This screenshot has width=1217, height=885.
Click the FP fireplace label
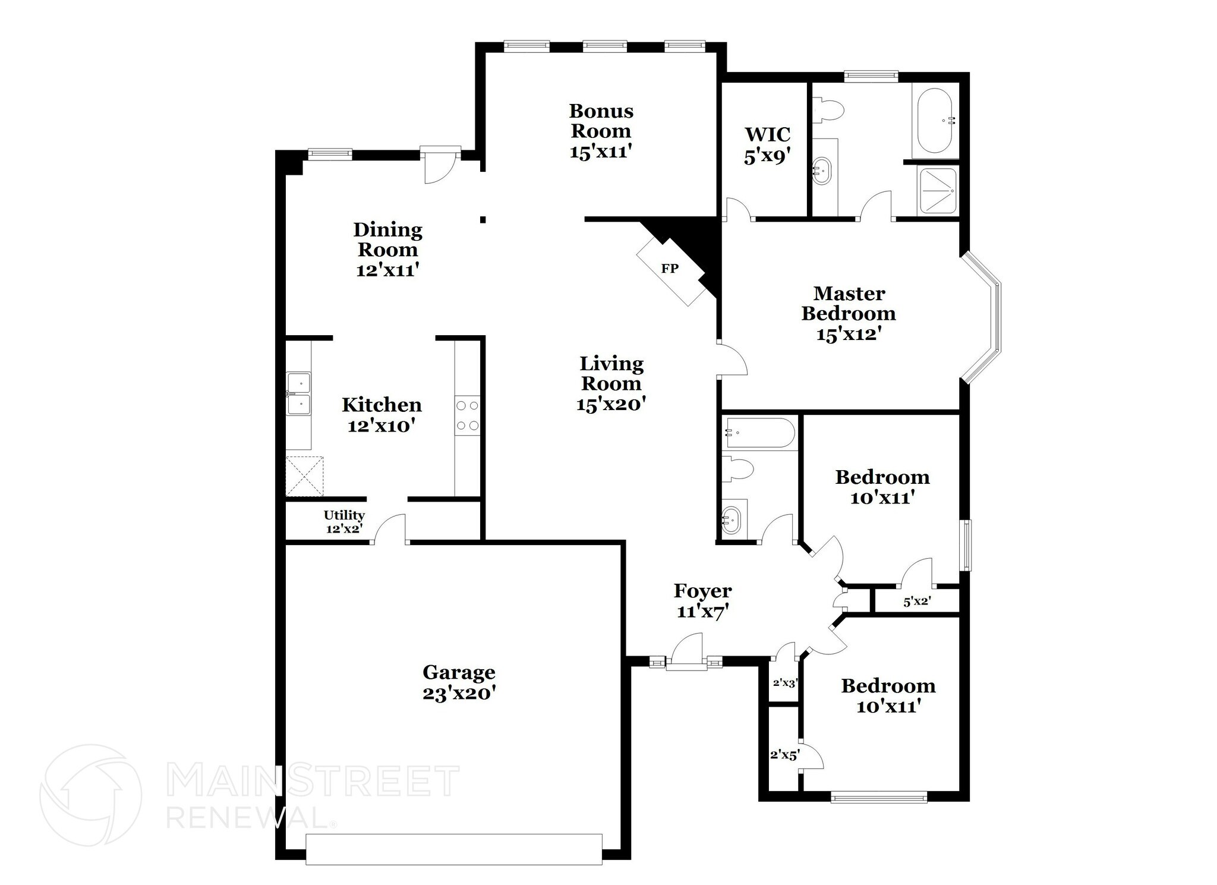670,269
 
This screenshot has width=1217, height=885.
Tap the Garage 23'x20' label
459,682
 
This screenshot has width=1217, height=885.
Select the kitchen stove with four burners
466,415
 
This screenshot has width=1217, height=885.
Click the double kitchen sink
298,393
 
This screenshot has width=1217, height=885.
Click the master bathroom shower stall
938,191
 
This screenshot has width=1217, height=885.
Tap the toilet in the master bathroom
828,111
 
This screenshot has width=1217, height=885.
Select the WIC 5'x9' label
767,144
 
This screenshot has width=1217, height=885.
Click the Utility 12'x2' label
343,521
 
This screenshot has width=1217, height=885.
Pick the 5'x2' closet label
916,601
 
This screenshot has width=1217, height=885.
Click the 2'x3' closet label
784,683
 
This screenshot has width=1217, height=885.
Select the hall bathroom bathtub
758,433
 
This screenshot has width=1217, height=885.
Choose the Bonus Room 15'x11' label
601,131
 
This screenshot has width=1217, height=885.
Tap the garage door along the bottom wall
453,849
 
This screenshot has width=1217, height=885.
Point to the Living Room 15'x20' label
611,383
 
